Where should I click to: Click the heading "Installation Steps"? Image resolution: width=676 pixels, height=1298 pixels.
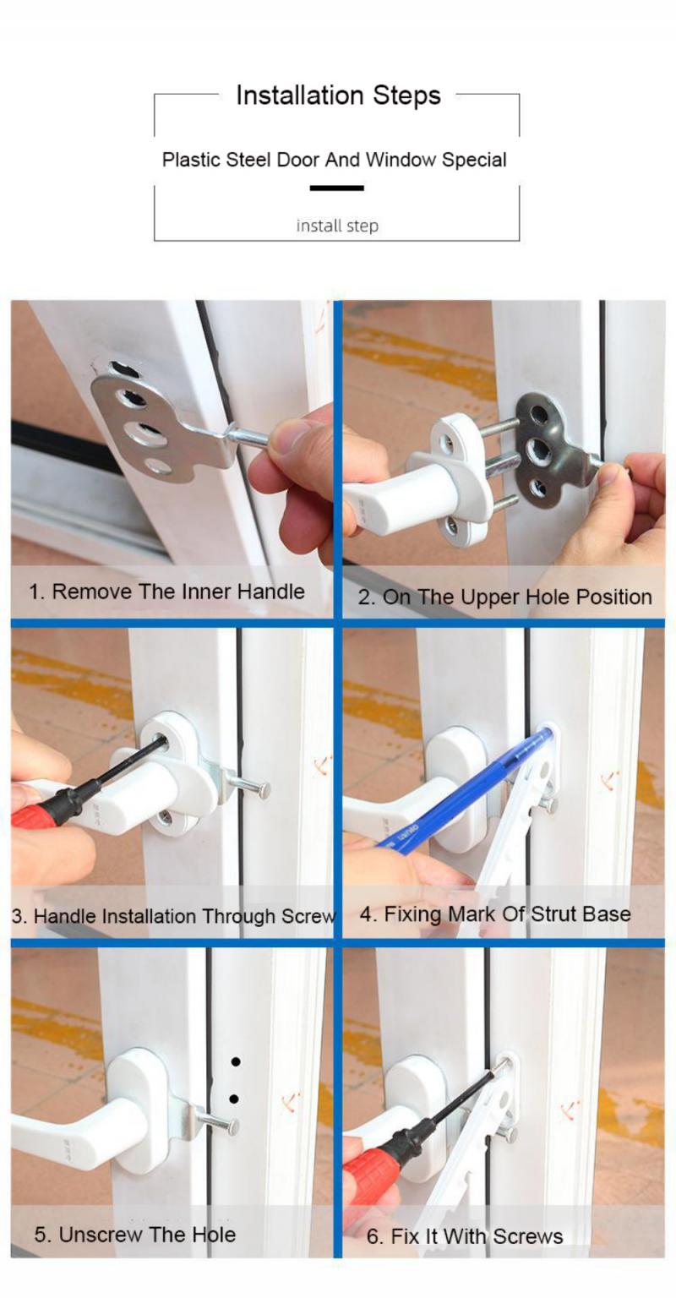[x=338, y=95]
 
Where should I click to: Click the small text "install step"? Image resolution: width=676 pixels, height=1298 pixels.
[x=337, y=226]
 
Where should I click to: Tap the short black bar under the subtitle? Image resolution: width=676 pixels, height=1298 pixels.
[x=336, y=188]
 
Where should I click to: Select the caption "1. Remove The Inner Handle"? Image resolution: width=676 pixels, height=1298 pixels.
[x=166, y=592]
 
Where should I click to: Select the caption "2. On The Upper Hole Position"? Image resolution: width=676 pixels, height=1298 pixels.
[x=504, y=597]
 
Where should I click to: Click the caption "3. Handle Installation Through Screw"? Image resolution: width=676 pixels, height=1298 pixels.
[x=173, y=916]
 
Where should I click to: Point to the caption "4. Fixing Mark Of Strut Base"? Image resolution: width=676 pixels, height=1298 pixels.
[x=494, y=914]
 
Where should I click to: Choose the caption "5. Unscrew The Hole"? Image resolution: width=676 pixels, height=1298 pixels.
[x=135, y=1234]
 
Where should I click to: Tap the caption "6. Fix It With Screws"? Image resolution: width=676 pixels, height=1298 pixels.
[x=464, y=1236]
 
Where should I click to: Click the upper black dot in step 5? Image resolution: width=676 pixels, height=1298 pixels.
[x=236, y=1061]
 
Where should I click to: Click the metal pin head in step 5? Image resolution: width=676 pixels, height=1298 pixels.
[x=232, y=1126]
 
